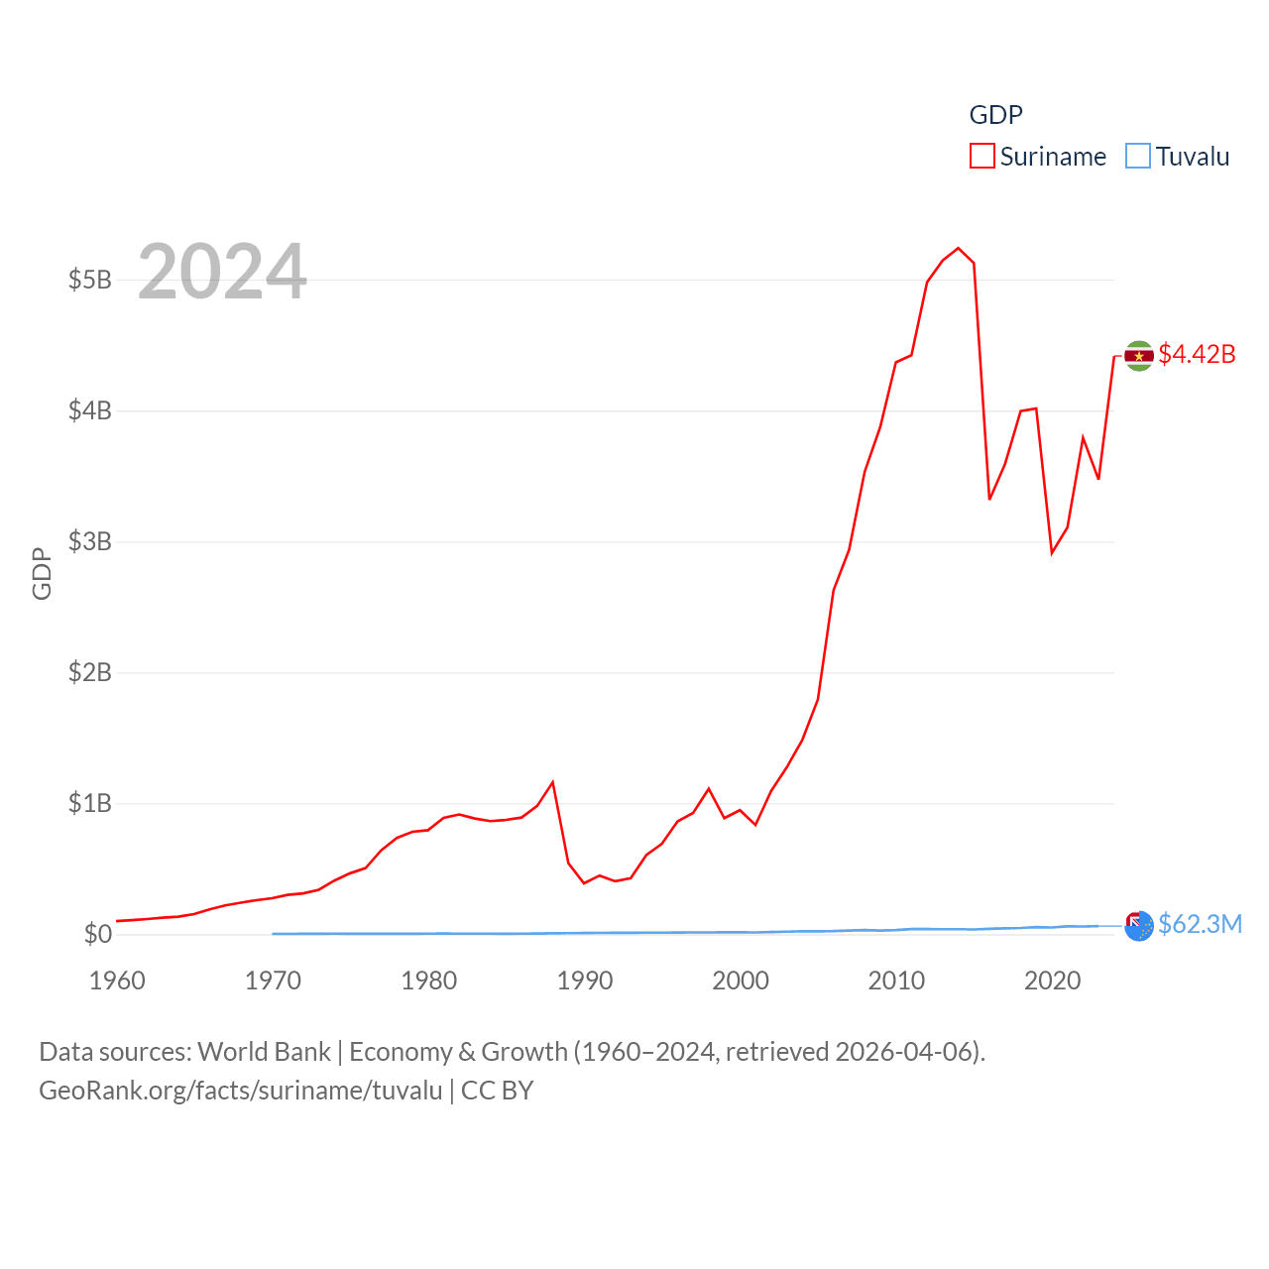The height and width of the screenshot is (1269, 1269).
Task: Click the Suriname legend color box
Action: click(981, 157)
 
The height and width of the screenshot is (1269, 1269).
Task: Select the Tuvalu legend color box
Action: click(1138, 157)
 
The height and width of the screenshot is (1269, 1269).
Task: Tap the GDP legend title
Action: click(995, 115)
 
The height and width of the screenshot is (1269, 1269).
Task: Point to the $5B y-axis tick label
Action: click(89, 280)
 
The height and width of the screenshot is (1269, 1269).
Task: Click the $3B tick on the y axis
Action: click(89, 541)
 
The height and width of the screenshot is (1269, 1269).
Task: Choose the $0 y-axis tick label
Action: click(97, 934)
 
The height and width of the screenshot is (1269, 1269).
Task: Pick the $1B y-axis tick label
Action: click(89, 803)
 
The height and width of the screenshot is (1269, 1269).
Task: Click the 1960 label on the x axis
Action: click(117, 981)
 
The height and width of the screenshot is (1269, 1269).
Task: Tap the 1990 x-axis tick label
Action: click(585, 981)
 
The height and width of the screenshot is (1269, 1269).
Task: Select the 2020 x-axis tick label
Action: click(1052, 981)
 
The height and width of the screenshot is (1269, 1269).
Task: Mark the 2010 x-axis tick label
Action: click(896, 981)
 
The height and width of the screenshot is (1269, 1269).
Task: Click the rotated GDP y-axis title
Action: click(42, 573)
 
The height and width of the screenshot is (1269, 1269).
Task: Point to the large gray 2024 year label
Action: click(222, 272)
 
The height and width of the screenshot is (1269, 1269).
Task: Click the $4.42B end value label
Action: click(1197, 354)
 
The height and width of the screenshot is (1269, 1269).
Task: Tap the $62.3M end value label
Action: click(1200, 924)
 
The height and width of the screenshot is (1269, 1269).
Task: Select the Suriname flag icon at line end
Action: click(1139, 355)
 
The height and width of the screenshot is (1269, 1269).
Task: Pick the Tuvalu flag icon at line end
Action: click(1139, 925)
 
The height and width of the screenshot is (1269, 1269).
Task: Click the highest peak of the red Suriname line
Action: click(958, 248)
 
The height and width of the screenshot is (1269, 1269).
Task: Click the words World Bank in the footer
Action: click(264, 1052)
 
